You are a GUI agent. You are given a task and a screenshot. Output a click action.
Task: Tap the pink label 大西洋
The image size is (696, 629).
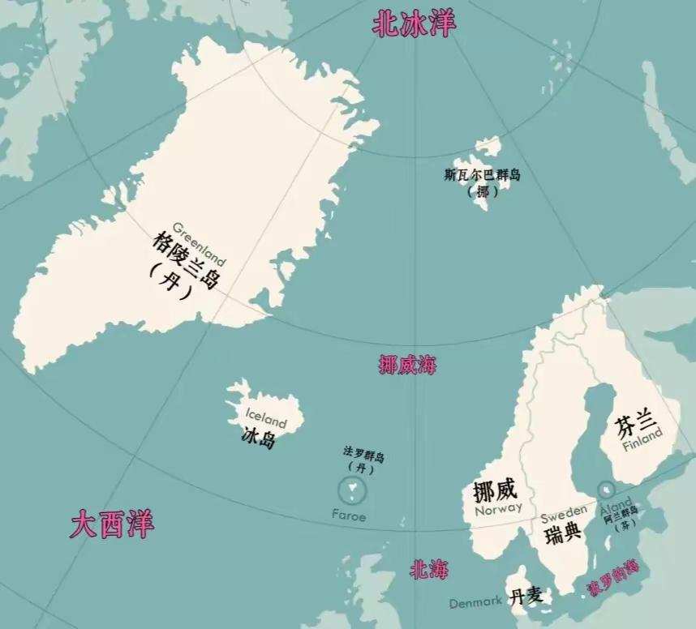(x=112, y=524)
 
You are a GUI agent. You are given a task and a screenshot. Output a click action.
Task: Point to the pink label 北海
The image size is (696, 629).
(x=428, y=570)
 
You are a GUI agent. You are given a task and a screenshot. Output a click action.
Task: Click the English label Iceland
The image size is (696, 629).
(x=266, y=419)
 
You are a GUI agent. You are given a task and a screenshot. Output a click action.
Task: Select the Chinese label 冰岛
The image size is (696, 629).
(x=260, y=439)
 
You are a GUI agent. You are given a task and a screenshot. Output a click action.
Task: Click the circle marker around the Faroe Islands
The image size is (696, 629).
(x=352, y=490)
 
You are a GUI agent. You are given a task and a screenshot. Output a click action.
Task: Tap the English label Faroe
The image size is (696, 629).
(x=349, y=516)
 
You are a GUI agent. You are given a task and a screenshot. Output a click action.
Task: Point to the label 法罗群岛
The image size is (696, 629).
(x=363, y=456)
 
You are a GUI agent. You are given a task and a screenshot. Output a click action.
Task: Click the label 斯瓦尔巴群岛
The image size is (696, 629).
(x=482, y=175)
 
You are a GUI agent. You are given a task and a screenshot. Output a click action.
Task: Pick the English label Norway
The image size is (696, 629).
(x=498, y=511)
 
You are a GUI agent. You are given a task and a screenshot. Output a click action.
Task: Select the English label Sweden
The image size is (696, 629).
(x=563, y=513)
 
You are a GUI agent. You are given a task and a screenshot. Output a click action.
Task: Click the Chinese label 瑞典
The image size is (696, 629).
(x=563, y=533)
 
